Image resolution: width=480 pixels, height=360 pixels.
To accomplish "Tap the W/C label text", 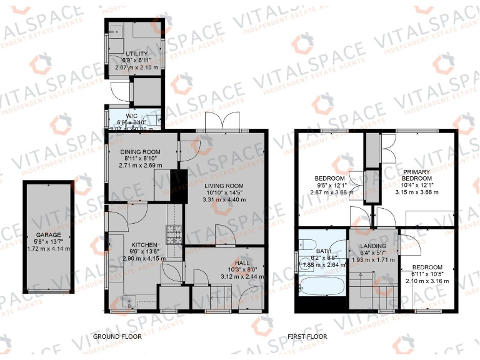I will coord(131,116).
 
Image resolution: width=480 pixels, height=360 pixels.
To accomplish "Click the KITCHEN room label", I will coord(144,244).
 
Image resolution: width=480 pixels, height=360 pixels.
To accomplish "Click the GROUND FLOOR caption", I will coord(117,336).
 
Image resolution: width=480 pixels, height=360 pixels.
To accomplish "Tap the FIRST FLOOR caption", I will coord(307,336).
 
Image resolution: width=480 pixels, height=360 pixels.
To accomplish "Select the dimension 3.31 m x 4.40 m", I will coord(223,200).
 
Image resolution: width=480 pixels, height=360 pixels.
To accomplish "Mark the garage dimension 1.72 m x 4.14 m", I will coord(49,249).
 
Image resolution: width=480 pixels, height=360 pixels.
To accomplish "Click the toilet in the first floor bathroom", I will coord(307,243).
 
